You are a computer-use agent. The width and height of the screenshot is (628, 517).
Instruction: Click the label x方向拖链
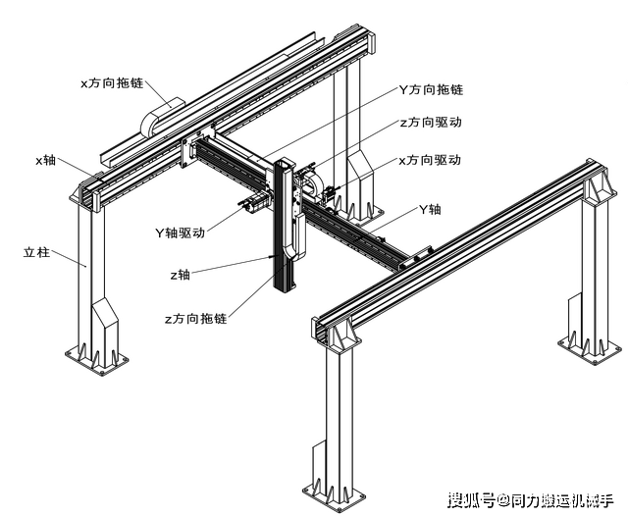pyautogui.click(x=112, y=82)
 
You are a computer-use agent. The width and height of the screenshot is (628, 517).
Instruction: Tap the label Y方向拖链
pyautogui.click(x=431, y=89)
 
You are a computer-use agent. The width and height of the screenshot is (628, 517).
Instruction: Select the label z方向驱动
pyautogui.click(x=431, y=123)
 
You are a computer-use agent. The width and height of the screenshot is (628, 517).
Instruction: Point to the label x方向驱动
pyautogui.click(x=430, y=160)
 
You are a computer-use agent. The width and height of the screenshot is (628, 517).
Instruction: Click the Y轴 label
pyautogui.click(x=430, y=209)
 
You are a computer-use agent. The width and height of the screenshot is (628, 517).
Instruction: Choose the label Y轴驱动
pyautogui.click(x=180, y=233)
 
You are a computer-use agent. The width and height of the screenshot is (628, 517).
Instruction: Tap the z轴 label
pyautogui.click(x=181, y=275)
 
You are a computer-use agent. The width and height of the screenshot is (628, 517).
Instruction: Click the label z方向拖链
pyautogui.click(x=196, y=319)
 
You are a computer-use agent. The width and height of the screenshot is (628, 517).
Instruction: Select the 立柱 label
pyautogui.click(x=37, y=252)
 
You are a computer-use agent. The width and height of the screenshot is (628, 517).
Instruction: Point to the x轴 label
pyautogui.click(x=45, y=160)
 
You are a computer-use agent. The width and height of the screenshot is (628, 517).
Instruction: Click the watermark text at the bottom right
pyautogui.click(x=530, y=500)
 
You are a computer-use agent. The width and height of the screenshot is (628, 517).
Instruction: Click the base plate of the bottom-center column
pyautogui.click(x=334, y=497)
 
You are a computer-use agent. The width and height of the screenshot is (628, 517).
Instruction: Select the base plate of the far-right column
pyautogui.click(x=591, y=350)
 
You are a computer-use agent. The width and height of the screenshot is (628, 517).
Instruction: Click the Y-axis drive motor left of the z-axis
pyautogui.click(x=253, y=203)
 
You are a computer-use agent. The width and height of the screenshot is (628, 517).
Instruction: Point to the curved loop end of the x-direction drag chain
pyautogui.click(x=149, y=123)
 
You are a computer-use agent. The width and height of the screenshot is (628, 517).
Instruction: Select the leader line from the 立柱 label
pyautogui.click(x=69, y=259)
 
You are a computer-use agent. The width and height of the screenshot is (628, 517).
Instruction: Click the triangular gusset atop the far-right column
pyautogui.click(x=598, y=188)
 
